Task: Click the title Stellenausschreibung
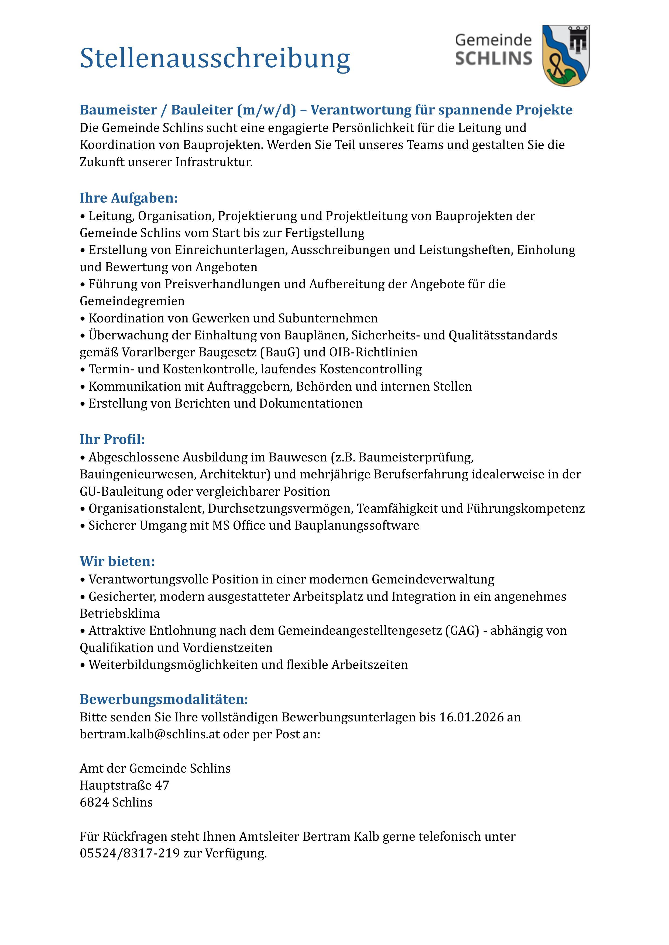coord(215,58)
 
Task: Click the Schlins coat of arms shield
coord(566,55)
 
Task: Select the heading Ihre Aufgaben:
coord(129,198)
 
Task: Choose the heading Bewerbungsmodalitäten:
coord(164,699)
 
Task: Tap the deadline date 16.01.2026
coord(472,717)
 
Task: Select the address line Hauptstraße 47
coord(124,785)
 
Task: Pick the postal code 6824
coord(94,802)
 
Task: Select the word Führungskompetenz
coord(526,508)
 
